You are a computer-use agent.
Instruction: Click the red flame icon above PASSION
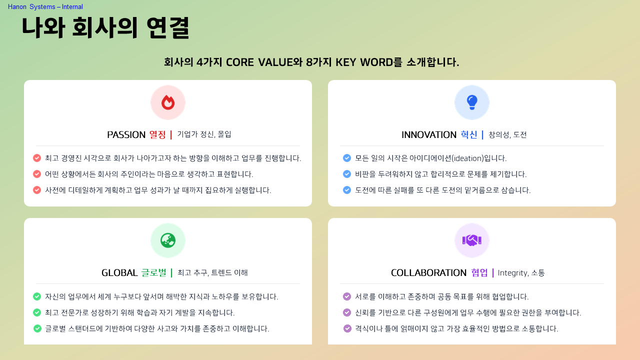coord(168,102)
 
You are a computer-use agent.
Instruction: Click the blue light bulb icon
coord(472,102)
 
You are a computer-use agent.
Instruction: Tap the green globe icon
coord(168,240)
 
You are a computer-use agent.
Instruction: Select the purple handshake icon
coord(472,240)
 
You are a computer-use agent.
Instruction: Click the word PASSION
coord(126,135)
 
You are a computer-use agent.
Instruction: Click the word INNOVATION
coord(429,135)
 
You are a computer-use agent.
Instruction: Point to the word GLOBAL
coord(119,273)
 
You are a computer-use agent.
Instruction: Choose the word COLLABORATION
coord(428,273)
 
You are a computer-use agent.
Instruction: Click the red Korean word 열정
coord(157,135)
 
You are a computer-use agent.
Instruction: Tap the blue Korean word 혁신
coord(468,135)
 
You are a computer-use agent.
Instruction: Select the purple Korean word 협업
coord(479,273)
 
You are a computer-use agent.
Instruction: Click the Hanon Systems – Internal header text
coord(45,7)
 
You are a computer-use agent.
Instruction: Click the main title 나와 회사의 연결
coord(105,27)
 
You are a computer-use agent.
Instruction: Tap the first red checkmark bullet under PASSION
coord(37,158)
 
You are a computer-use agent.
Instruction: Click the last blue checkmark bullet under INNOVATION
coord(347,190)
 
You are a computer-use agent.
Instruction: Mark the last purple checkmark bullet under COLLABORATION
coord(347,328)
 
